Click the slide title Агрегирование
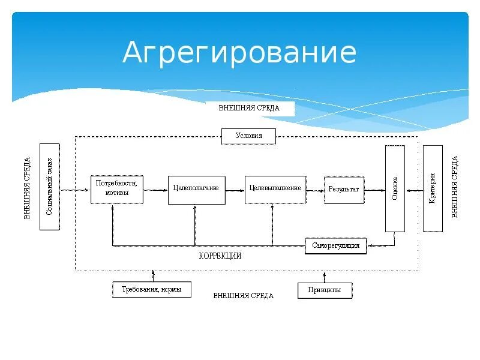tap(239, 53)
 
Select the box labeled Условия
tap(249, 136)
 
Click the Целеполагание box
tap(196, 188)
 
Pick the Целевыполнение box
tap(275, 188)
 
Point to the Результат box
tap(344, 189)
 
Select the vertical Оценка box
tap(395, 188)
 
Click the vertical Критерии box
tap(433, 188)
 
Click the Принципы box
tap(325, 290)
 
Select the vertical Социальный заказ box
tap(50, 187)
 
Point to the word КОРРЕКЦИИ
tap(220, 256)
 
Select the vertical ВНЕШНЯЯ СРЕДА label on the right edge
tap(455, 187)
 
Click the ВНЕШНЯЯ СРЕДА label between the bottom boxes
tap(244, 296)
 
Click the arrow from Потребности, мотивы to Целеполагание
tap(155, 190)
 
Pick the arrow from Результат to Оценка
tap(374, 190)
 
